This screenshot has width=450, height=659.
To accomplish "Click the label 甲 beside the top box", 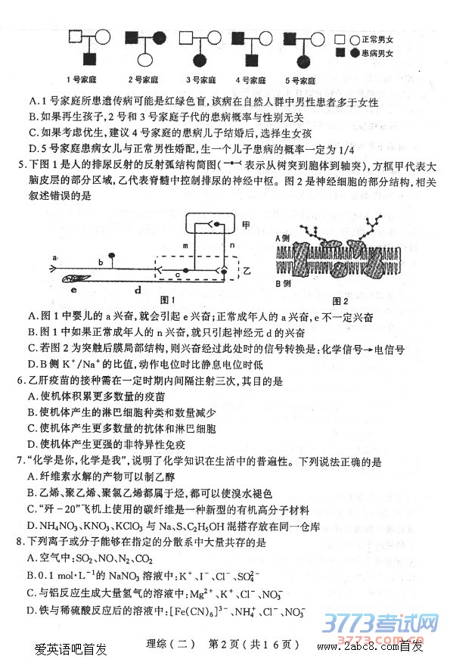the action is pos(246,225).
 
